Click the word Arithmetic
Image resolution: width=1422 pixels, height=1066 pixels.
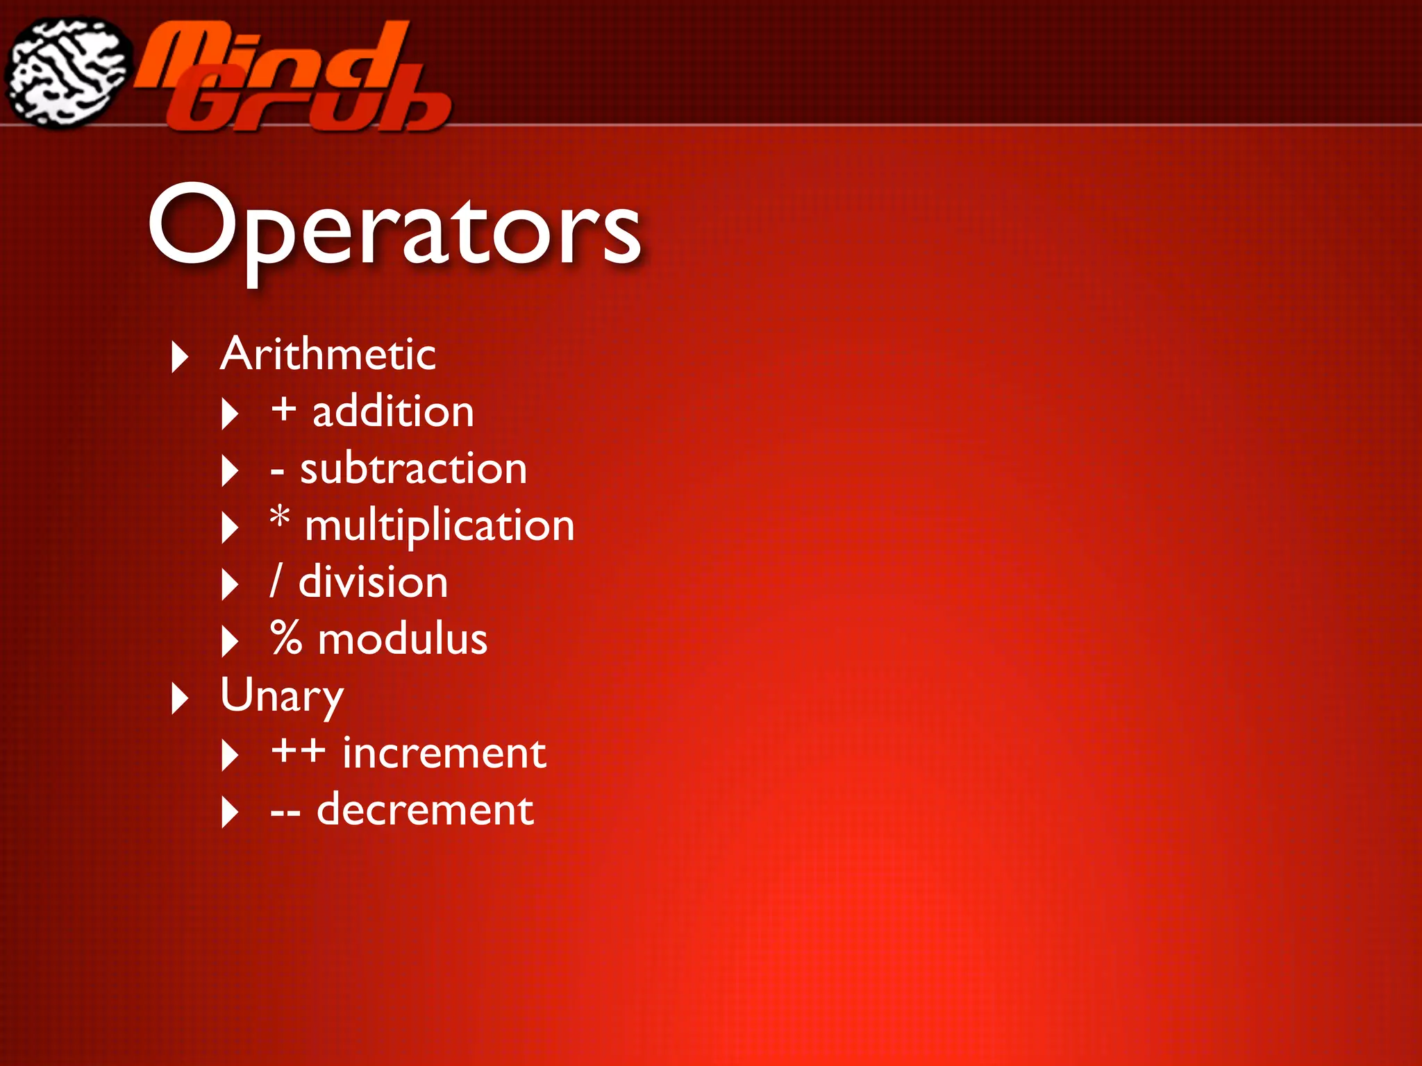[328, 354]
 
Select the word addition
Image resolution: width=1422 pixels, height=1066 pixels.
[393, 412]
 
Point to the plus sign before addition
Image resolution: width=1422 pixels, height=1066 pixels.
[283, 409]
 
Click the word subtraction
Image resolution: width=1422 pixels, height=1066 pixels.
[413, 468]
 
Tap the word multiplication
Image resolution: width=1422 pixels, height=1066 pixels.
[440, 525]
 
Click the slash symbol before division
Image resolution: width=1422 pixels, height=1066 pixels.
[276, 581]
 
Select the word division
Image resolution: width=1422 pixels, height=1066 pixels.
[373, 582]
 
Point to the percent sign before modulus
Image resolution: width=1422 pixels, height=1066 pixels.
[286, 638]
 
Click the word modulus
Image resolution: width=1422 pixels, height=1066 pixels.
[402, 638]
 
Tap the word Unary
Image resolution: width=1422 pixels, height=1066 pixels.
[281, 695]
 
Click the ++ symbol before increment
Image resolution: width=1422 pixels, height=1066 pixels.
[298, 751]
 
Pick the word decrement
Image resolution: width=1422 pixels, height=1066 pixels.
[425, 809]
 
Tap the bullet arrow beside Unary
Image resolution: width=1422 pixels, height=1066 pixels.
[180, 698]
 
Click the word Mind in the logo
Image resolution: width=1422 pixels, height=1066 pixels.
[271, 56]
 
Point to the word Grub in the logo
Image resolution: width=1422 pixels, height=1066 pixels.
[312, 104]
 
